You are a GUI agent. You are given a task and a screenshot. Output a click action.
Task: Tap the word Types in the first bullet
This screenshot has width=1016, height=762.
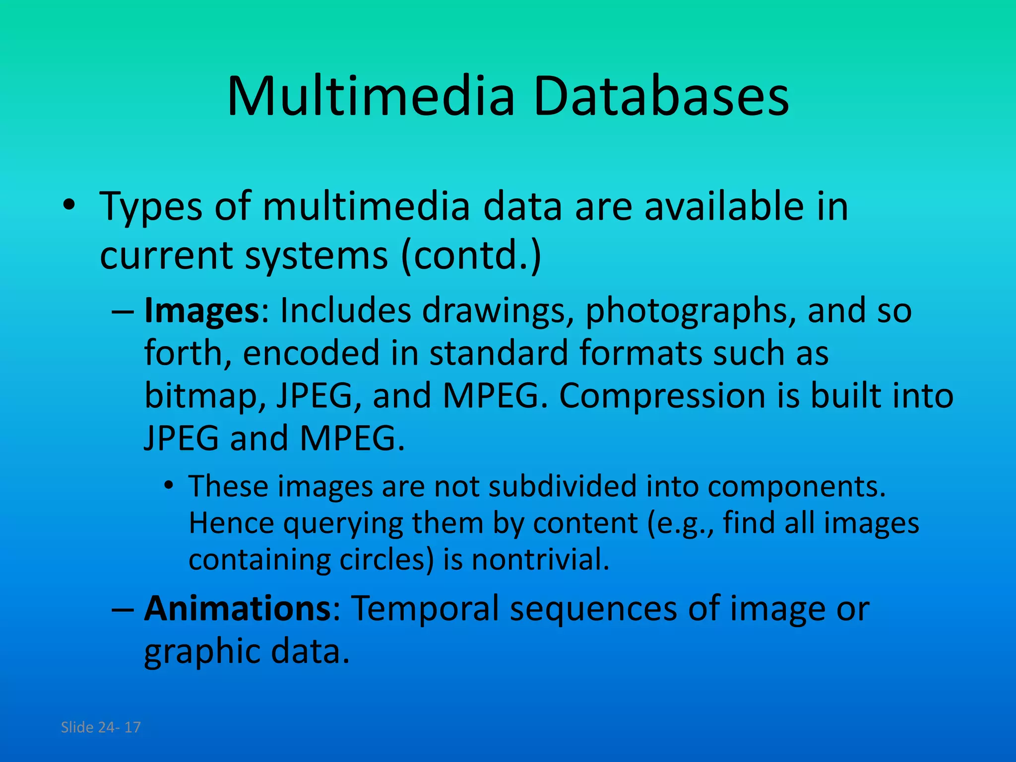[151, 206]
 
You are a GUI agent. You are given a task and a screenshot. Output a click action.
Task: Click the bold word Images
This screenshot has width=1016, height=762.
[201, 311]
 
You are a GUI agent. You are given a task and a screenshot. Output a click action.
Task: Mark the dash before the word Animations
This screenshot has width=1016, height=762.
[123, 609]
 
